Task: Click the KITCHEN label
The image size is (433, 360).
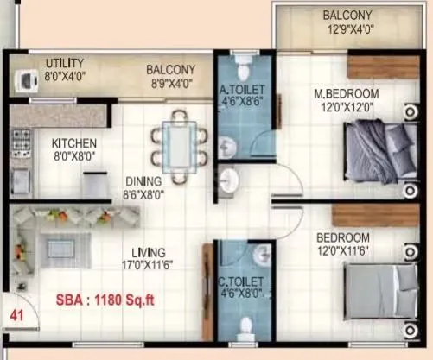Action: coord(73,143)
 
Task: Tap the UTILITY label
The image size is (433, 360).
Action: coord(65,63)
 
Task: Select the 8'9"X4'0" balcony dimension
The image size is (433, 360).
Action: coord(169,84)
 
